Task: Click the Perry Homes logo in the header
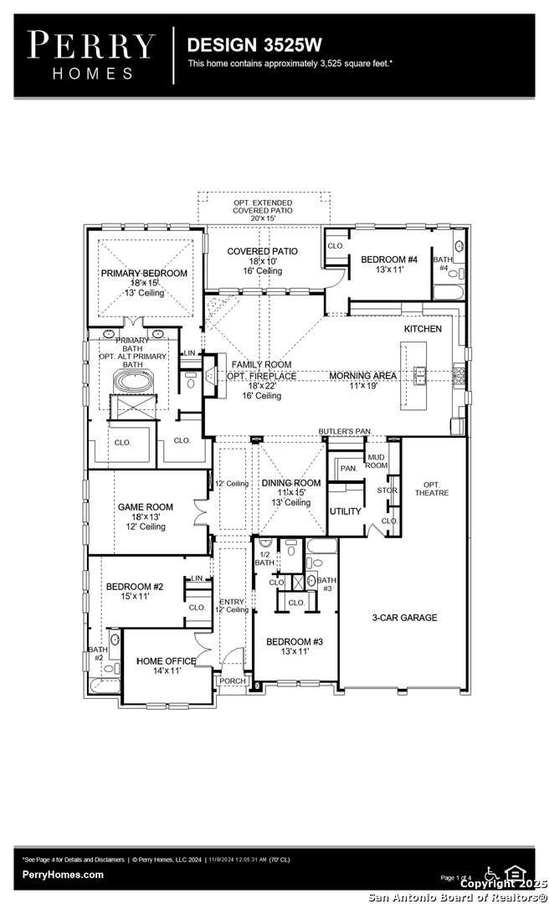(90, 54)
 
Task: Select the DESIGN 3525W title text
(242, 44)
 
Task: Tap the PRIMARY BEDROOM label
(144, 274)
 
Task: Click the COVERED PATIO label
(262, 251)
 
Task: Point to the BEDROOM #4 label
(388, 260)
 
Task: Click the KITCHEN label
(423, 329)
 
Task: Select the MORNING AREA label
(362, 376)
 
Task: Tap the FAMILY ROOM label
(261, 365)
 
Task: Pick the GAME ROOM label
(145, 507)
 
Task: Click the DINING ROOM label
(290, 483)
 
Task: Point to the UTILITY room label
(345, 511)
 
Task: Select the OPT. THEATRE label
(432, 489)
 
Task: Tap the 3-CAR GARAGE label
(404, 618)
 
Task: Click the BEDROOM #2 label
(134, 587)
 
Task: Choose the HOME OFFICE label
(166, 661)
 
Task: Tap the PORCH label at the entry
(233, 681)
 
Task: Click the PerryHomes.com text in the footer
(64, 875)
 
